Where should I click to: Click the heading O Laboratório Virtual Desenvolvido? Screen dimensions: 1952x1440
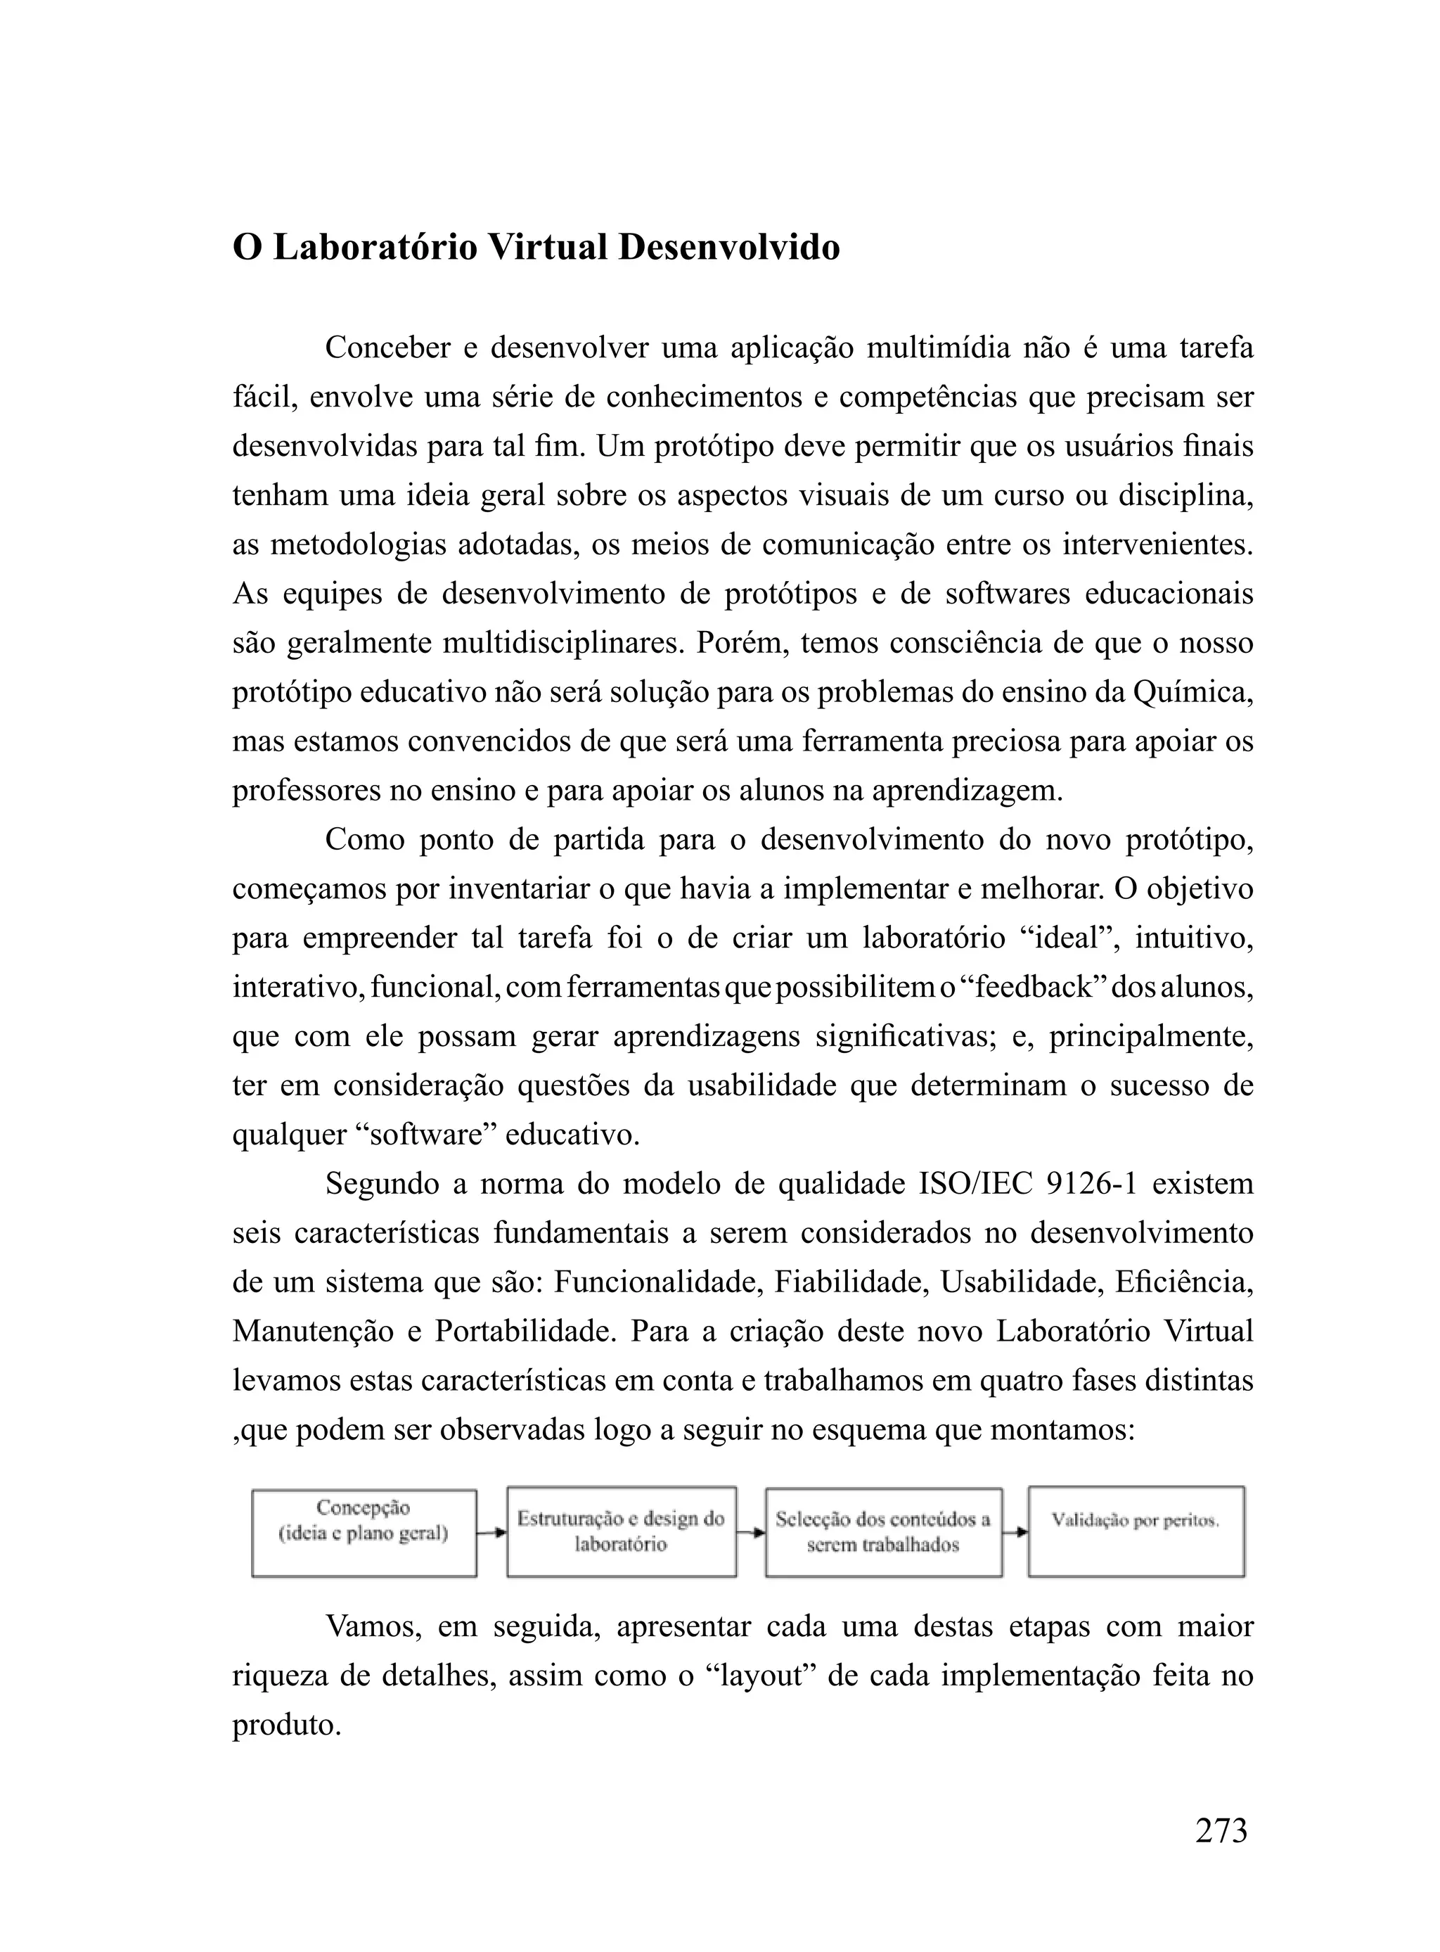(535, 248)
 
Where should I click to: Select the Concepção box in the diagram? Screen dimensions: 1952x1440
(364, 1533)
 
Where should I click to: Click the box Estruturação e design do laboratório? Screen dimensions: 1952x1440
(621, 1532)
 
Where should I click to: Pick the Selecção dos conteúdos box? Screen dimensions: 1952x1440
(883, 1532)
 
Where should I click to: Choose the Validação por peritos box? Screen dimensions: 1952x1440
(1135, 1532)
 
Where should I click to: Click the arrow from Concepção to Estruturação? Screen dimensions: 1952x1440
(491, 1533)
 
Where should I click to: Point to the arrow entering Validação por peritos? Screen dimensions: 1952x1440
(1015, 1533)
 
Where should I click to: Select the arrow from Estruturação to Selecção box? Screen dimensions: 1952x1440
(750, 1533)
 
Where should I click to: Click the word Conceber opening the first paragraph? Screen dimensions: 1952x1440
(386, 348)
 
